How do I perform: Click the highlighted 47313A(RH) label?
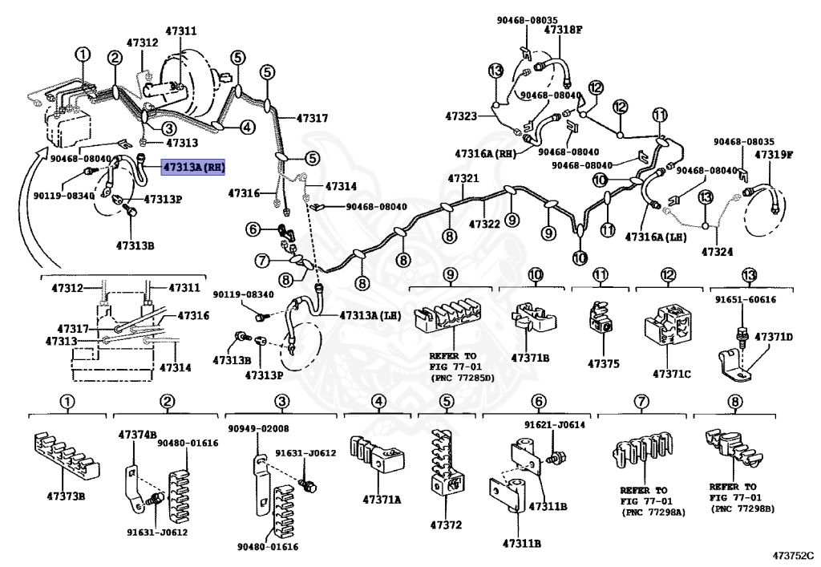pos(193,168)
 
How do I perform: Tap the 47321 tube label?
pos(463,178)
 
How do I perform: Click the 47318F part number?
pos(564,29)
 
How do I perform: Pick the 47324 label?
pos(718,252)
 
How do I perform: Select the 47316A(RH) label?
pos(485,152)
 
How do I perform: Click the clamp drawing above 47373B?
pos(67,456)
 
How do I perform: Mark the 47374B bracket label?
pos(137,434)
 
